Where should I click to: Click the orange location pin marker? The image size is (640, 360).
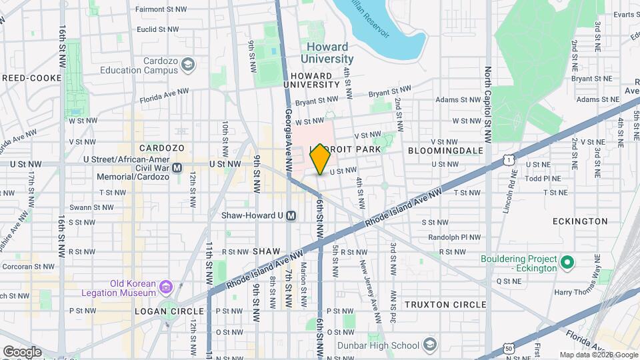coord(320,159)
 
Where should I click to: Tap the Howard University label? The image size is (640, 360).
coord(327,53)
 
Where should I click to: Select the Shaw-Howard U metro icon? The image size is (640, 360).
coord(290,215)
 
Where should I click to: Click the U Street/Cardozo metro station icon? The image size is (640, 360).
coord(177,168)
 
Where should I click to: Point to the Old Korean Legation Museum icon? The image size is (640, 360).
coord(166,288)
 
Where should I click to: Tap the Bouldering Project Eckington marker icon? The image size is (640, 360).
coord(567,263)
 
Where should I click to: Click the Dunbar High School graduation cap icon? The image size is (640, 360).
coord(430,345)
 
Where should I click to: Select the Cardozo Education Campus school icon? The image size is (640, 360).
coord(189,64)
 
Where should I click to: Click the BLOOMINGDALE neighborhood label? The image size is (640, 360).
coord(445,151)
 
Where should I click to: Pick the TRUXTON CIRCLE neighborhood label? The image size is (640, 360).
coord(446,305)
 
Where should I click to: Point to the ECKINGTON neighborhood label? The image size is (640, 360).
coord(580,221)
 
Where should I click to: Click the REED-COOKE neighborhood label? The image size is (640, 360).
coord(31,78)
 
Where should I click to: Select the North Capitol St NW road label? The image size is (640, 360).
coord(488,103)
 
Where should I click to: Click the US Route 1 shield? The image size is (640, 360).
coord(509,160)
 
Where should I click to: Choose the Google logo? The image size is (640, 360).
coord(21,351)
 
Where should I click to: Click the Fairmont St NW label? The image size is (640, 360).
coord(157,10)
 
